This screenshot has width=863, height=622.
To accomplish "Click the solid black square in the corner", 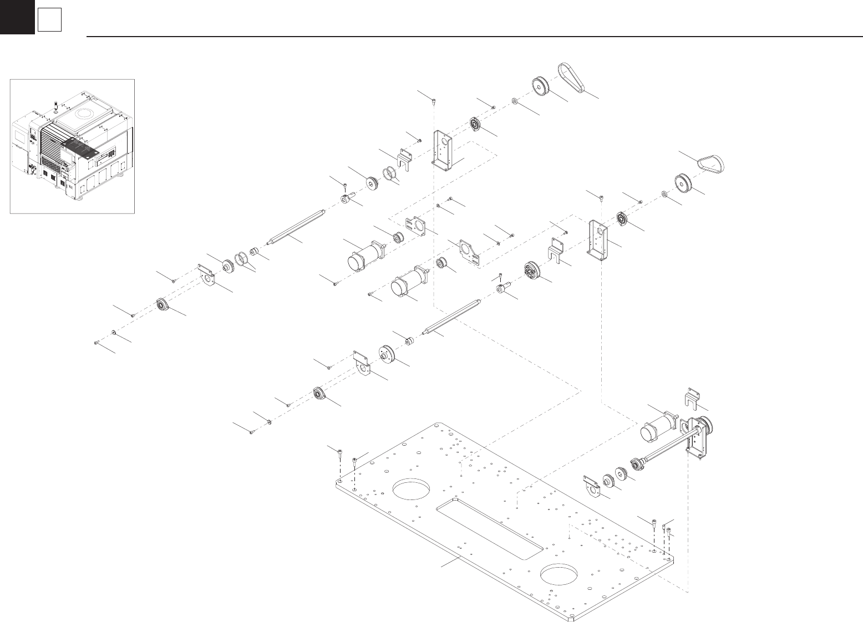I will (x=17, y=17).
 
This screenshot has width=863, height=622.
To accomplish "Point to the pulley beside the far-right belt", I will (x=684, y=182).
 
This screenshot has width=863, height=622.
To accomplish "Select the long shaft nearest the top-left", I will (x=295, y=226).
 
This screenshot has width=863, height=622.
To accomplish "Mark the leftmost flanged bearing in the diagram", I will (x=162, y=304).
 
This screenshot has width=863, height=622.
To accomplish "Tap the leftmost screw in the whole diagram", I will (x=97, y=343).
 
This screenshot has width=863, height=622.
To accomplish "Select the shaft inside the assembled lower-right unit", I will (x=666, y=449).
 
